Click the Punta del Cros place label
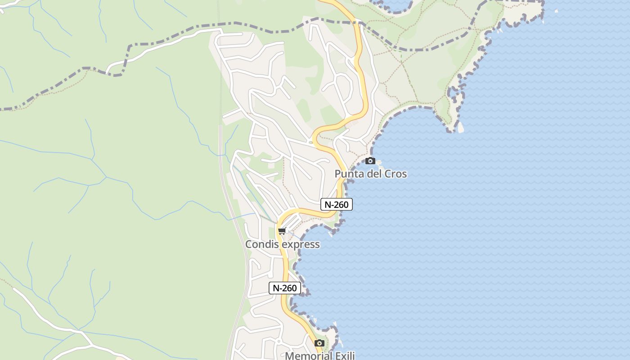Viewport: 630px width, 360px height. [370, 174]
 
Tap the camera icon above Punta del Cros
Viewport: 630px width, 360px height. [370, 161]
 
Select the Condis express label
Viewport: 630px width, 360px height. [282, 244]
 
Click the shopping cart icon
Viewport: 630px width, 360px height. [282, 231]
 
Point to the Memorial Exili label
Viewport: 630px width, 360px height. [320, 355]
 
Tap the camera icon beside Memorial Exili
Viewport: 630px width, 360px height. [319, 343]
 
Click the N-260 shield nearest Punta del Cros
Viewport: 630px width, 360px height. [336, 204]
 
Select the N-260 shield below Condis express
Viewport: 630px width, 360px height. [284, 288]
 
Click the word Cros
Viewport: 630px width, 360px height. [394, 174]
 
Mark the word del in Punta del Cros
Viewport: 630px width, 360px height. [373, 174]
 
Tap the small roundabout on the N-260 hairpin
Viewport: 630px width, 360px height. [310, 143]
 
